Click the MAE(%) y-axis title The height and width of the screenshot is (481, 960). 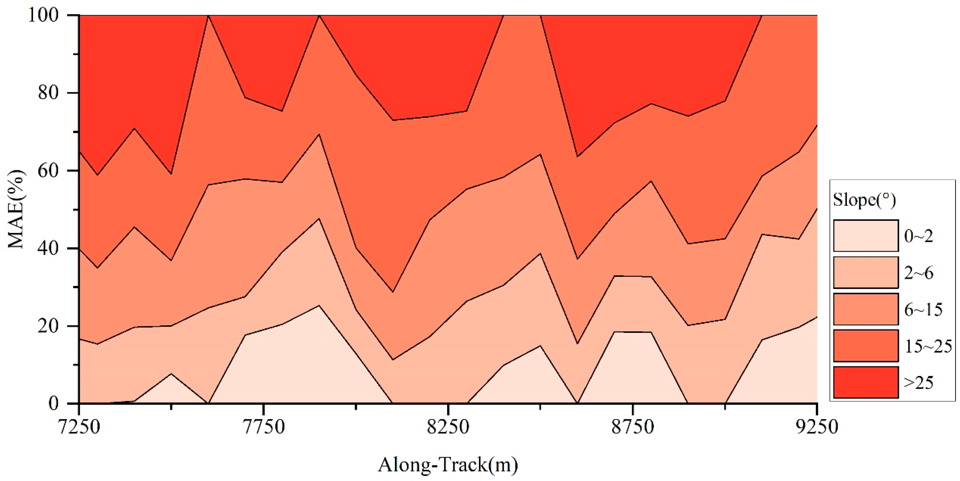(16, 209)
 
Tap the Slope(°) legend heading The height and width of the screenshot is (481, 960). (864, 200)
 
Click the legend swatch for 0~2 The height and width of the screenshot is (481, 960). (866, 236)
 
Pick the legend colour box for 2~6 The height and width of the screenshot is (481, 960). (866, 272)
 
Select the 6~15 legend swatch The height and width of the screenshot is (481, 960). (866, 309)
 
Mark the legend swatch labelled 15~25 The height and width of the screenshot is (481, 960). (866, 346)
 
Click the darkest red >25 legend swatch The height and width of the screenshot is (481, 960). (866, 382)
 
